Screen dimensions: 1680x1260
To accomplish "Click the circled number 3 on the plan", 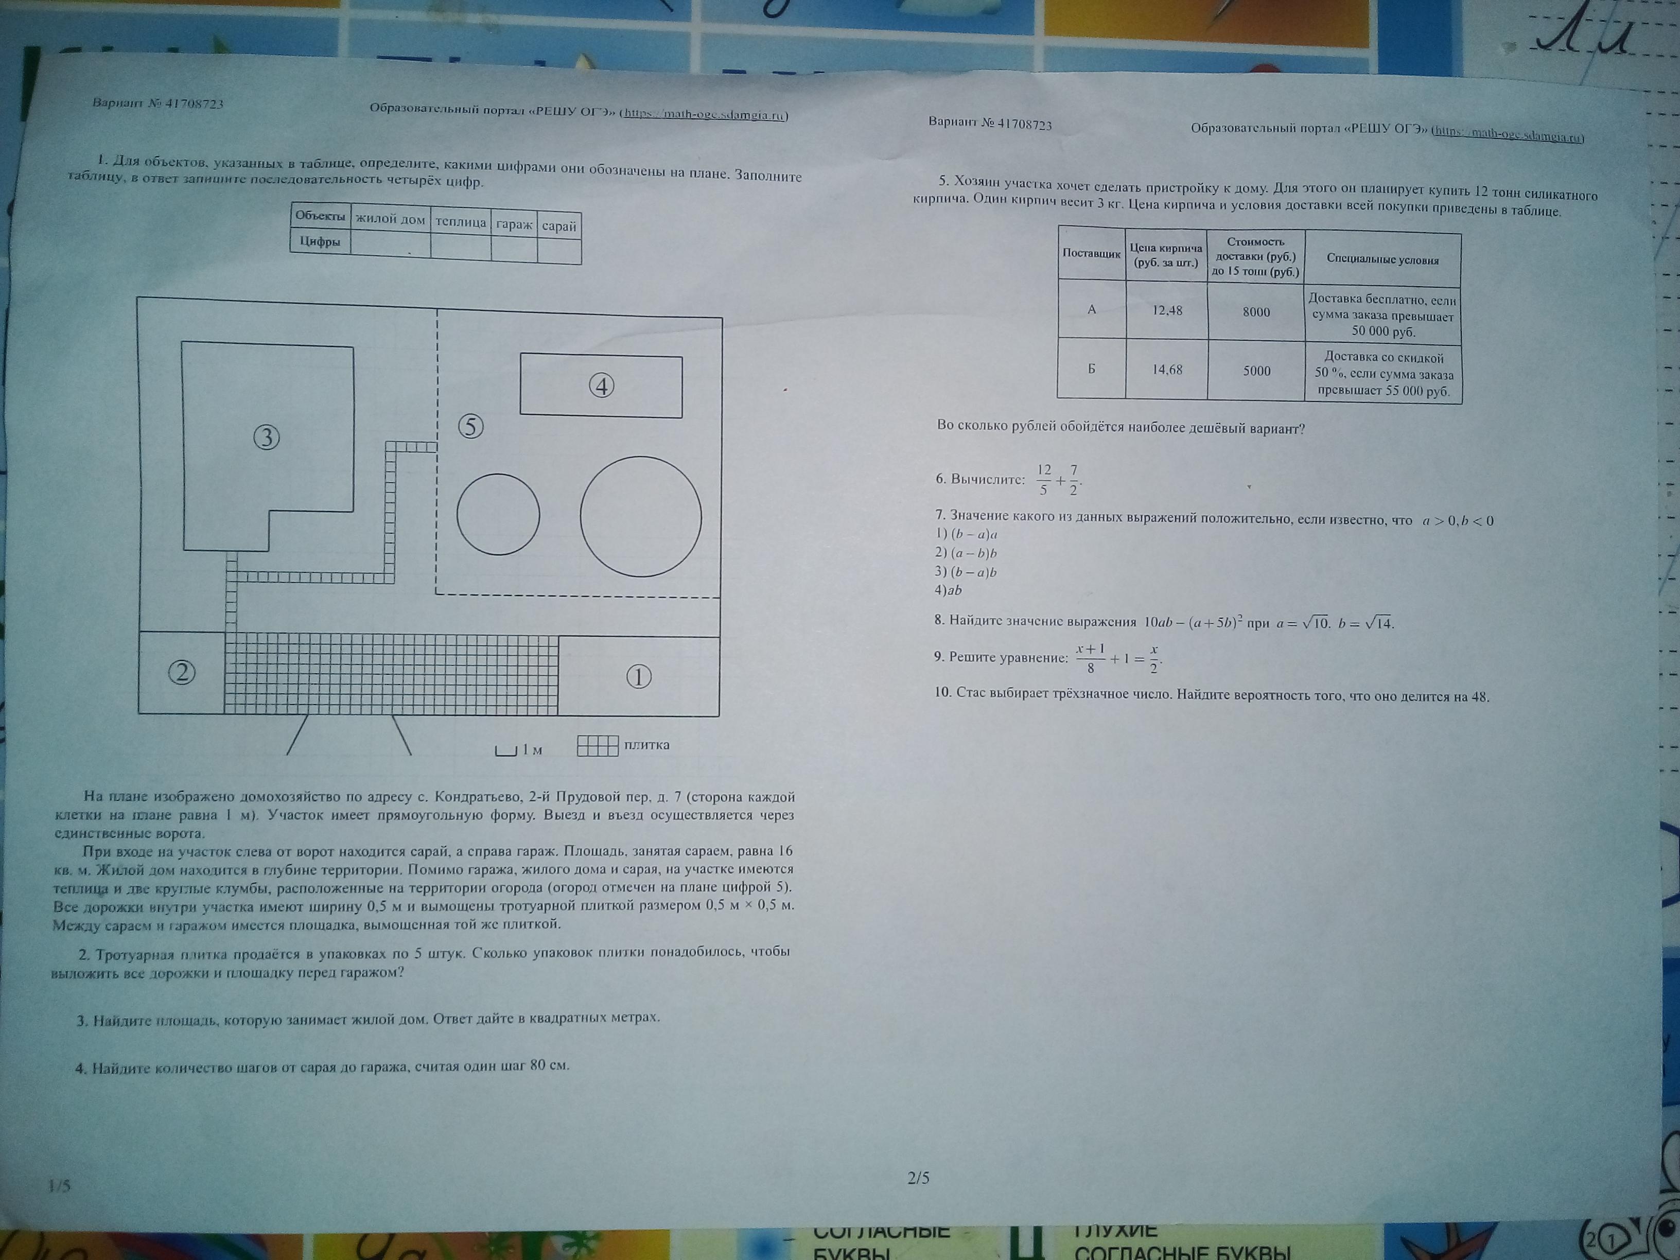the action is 266,437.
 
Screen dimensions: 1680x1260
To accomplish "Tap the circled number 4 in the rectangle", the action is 601,386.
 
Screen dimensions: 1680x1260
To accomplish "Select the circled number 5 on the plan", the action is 471,427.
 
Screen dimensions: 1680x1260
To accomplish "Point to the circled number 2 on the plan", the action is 182,673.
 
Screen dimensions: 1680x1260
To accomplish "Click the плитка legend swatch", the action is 598,745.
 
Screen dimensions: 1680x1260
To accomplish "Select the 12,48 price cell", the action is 1167,310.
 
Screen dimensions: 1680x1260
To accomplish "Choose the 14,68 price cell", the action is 1167,370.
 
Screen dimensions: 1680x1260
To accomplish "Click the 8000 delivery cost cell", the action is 1256,312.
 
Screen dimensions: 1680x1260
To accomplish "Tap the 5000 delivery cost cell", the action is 1256,371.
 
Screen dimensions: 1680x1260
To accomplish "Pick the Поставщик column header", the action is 1091,253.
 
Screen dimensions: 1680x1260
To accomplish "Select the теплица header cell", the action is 460,222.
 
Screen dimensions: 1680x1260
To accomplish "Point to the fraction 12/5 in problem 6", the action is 1044,479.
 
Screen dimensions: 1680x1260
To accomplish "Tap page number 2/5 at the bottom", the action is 918,1178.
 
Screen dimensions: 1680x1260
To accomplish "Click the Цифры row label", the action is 320,241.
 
